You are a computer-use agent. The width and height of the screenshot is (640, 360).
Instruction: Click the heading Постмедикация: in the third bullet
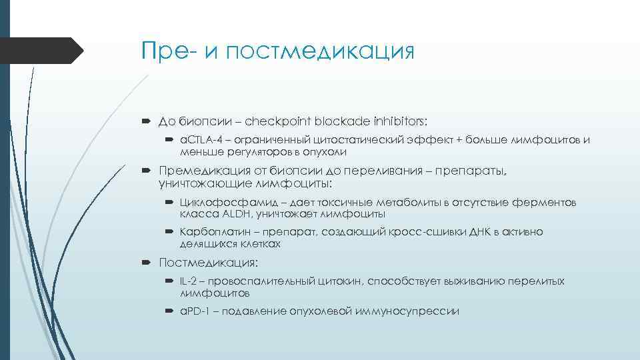coord(209,263)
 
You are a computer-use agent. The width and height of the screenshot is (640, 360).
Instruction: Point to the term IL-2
coord(188,281)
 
